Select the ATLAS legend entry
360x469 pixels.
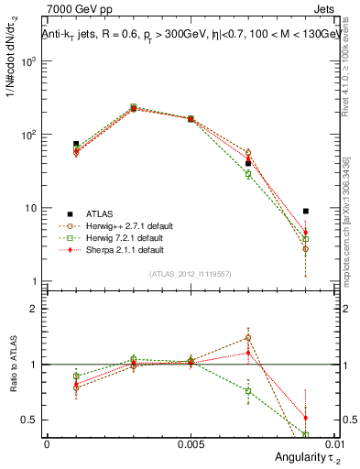click(x=100, y=213)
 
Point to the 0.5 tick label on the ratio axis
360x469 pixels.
click(x=29, y=420)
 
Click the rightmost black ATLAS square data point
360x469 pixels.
click(x=306, y=211)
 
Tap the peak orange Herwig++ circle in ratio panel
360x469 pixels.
click(x=248, y=337)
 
